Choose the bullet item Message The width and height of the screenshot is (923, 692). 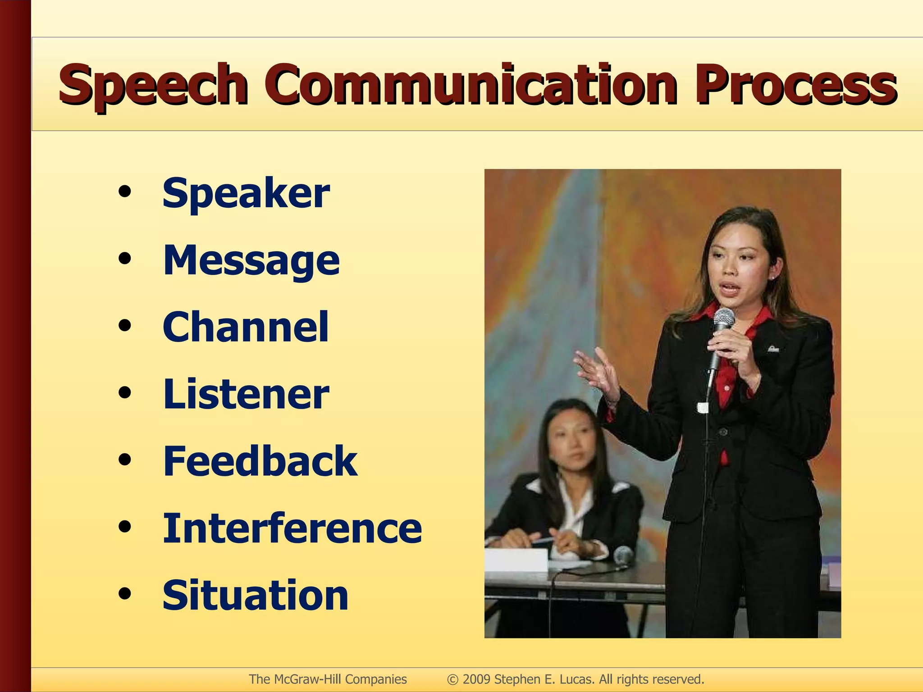[x=251, y=260]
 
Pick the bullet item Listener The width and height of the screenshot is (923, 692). [x=246, y=394]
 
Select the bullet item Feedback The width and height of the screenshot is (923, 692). [x=260, y=461]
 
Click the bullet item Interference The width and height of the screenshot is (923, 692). [x=292, y=528]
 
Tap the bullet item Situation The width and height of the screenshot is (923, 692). [x=256, y=595]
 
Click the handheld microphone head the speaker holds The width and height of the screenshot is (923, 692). [x=724, y=319]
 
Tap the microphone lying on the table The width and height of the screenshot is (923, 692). [x=623, y=555]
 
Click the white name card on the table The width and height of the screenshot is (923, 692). [x=516, y=560]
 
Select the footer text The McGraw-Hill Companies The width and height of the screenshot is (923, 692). [x=328, y=679]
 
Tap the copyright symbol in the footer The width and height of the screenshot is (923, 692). [x=452, y=679]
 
